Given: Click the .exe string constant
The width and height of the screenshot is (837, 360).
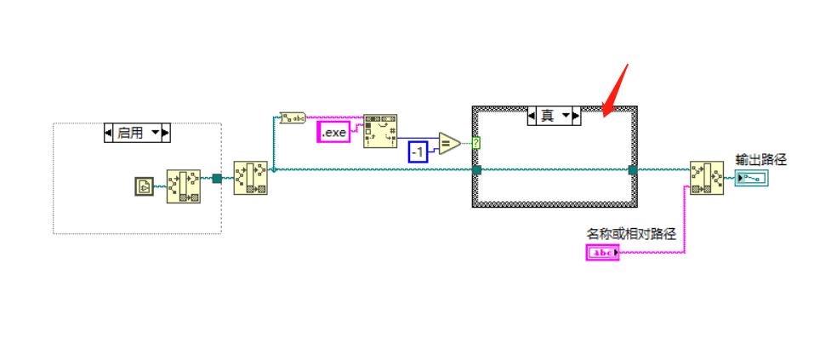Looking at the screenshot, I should click(334, 132).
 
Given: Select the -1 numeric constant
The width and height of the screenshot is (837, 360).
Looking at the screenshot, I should click(418, 152).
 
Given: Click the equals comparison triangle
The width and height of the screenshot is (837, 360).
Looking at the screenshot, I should click(449, 143).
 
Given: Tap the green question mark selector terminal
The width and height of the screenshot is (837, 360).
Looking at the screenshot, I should click(475, 143).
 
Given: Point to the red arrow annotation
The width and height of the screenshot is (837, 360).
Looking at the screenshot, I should click(615, 89).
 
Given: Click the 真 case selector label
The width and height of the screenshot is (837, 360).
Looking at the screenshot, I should click(548, 115).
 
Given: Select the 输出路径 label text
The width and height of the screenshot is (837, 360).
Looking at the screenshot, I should click(760, 159).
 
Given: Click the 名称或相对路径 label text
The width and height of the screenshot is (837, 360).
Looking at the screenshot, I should click(631, 233).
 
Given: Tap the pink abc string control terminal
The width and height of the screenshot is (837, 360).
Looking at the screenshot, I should click(602, 252).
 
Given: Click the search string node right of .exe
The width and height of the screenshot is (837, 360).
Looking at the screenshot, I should click(380, 132).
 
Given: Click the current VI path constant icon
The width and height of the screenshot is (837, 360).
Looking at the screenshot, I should click(144, 186).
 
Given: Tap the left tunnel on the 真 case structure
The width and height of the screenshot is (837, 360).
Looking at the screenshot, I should click(476, 170).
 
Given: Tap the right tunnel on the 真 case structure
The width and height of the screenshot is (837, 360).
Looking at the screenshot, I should click(633, 170).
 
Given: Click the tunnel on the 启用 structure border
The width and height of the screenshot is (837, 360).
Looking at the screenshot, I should click(217, 179).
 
